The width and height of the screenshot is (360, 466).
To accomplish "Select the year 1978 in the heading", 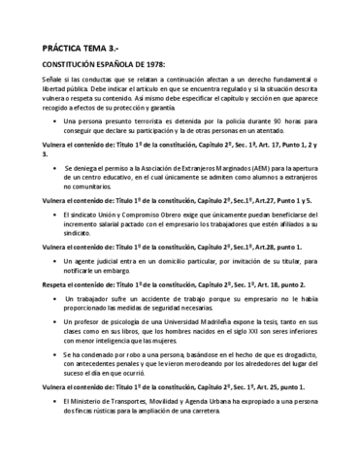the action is click(x=138, y=62).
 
